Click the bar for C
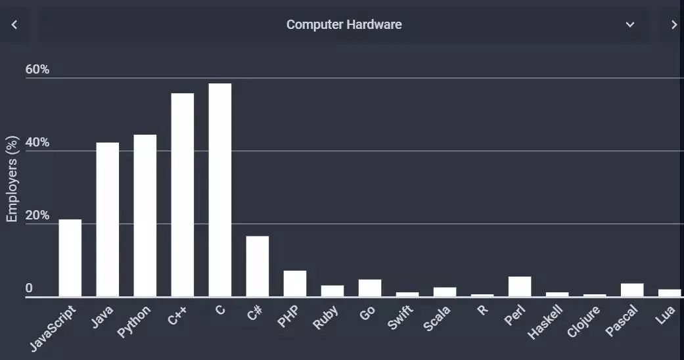coord(220,190)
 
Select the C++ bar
coord(183,195)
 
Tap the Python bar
coord(145,215)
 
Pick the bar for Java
coord(108,219)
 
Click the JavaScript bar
coord(70,258)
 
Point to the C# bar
coord(258,266)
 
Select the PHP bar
coord(295,284)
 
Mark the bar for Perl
coord(520,286)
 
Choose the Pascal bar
coord(632,290)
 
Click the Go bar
coord(370,288)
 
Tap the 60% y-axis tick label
coord(37,70)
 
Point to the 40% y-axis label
coord(37,143)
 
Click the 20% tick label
coord(37,215)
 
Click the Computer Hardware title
coord(344,25)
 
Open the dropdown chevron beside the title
coord(629,25)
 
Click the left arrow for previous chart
coord(14,25)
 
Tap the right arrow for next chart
coord(673,25)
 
